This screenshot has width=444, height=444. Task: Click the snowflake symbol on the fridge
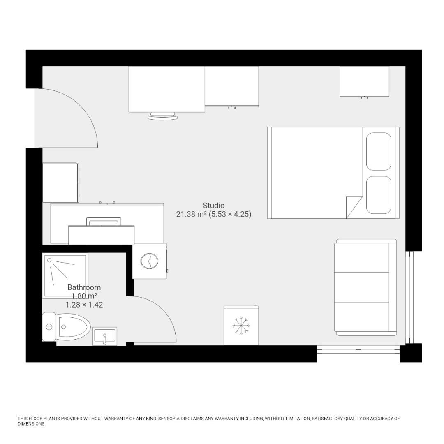(x=241, y=326)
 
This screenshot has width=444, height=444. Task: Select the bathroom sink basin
(x=105, y=336)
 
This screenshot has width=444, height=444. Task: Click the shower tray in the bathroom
(x=65, y=275)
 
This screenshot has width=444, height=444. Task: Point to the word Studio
(x=214, y=205)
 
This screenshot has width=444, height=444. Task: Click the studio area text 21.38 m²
(x=191, y=214)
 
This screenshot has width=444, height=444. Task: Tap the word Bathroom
(x=84, y=287)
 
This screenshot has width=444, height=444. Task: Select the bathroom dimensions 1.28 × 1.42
(x=84, y=305)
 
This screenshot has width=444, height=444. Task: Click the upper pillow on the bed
(x=379, y=151)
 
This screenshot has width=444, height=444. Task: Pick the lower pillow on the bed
(x=379, y=195)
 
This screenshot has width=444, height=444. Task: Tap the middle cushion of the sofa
(x=362, y=287)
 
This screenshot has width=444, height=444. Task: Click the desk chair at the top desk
(x=163, y=116)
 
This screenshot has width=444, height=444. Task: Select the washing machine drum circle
(x=149, y=261)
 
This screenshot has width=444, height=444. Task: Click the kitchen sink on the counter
(x=104, y=222)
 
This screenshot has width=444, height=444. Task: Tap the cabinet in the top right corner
(x=364, y=81)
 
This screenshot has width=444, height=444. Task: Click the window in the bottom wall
(x=358, y=349)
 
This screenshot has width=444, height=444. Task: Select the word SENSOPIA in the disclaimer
(x=173, y=419)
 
